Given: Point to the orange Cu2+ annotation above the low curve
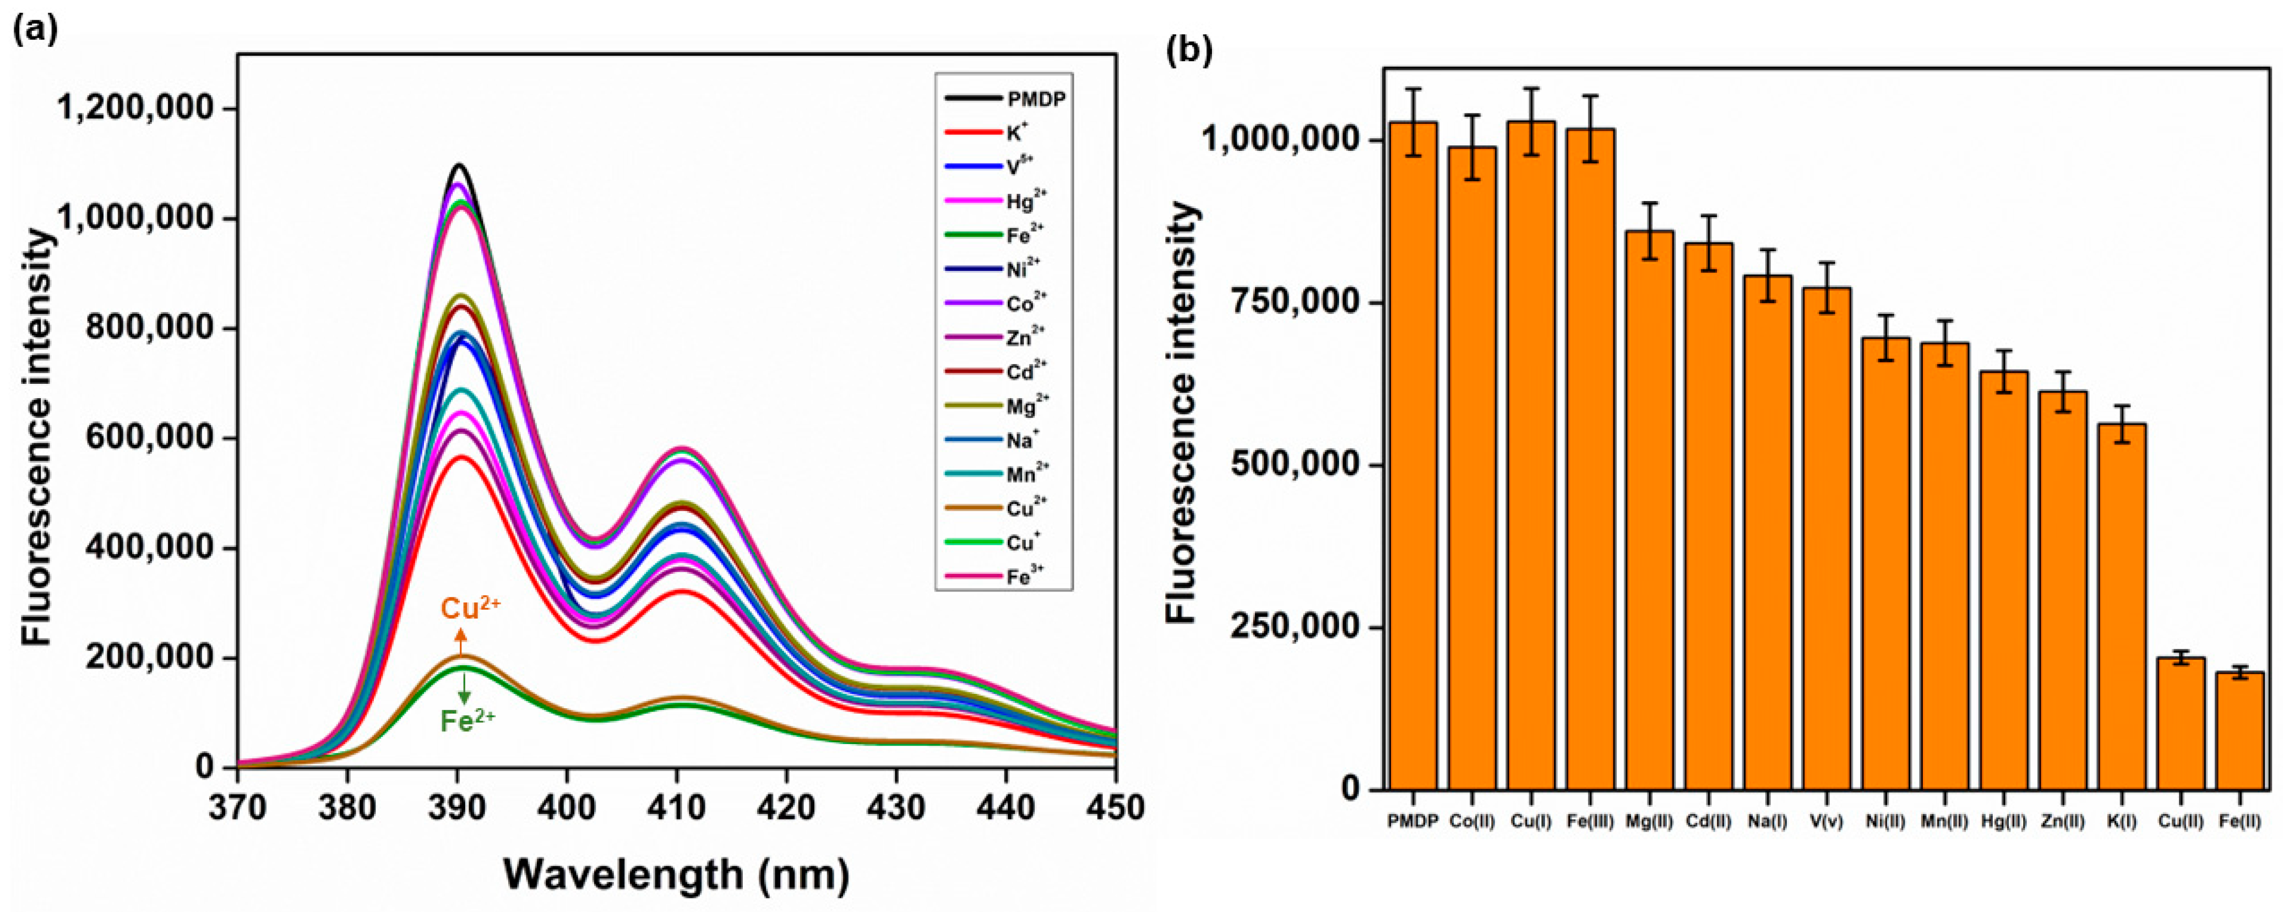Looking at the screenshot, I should coord(471,609).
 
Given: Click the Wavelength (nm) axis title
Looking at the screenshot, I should coord(676,875).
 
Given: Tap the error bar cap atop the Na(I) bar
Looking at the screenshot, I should coord(1767,250).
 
